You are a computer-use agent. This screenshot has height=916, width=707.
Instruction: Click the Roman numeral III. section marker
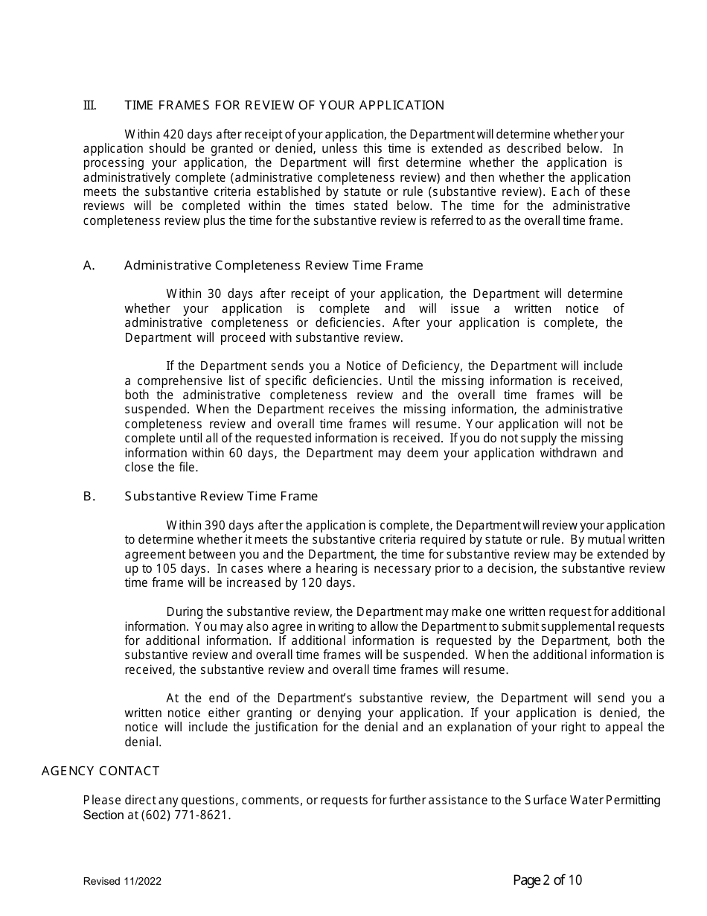(89, 105)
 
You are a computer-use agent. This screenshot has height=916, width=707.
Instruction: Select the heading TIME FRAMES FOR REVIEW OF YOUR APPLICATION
(284, 105)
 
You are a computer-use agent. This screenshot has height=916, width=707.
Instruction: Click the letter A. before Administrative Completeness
(89, 265)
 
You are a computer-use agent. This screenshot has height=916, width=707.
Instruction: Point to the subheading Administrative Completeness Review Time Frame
(273, 265)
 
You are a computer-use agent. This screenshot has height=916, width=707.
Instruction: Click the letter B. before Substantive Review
(89, 496)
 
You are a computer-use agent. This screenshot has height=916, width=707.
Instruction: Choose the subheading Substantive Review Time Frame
(221, 496)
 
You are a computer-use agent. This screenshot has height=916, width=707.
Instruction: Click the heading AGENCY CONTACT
(100, 771)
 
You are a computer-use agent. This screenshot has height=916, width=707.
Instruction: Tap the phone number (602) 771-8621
(185, 815)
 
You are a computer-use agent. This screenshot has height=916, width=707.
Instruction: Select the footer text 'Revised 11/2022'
(122, 881)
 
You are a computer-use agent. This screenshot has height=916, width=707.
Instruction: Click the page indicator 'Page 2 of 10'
(548, 880)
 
